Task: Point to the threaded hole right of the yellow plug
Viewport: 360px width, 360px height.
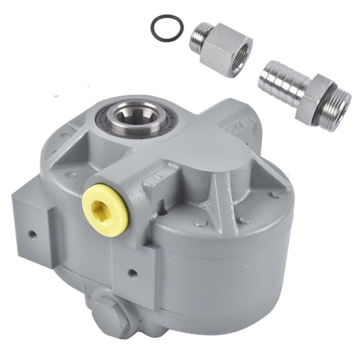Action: coord(163,209)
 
